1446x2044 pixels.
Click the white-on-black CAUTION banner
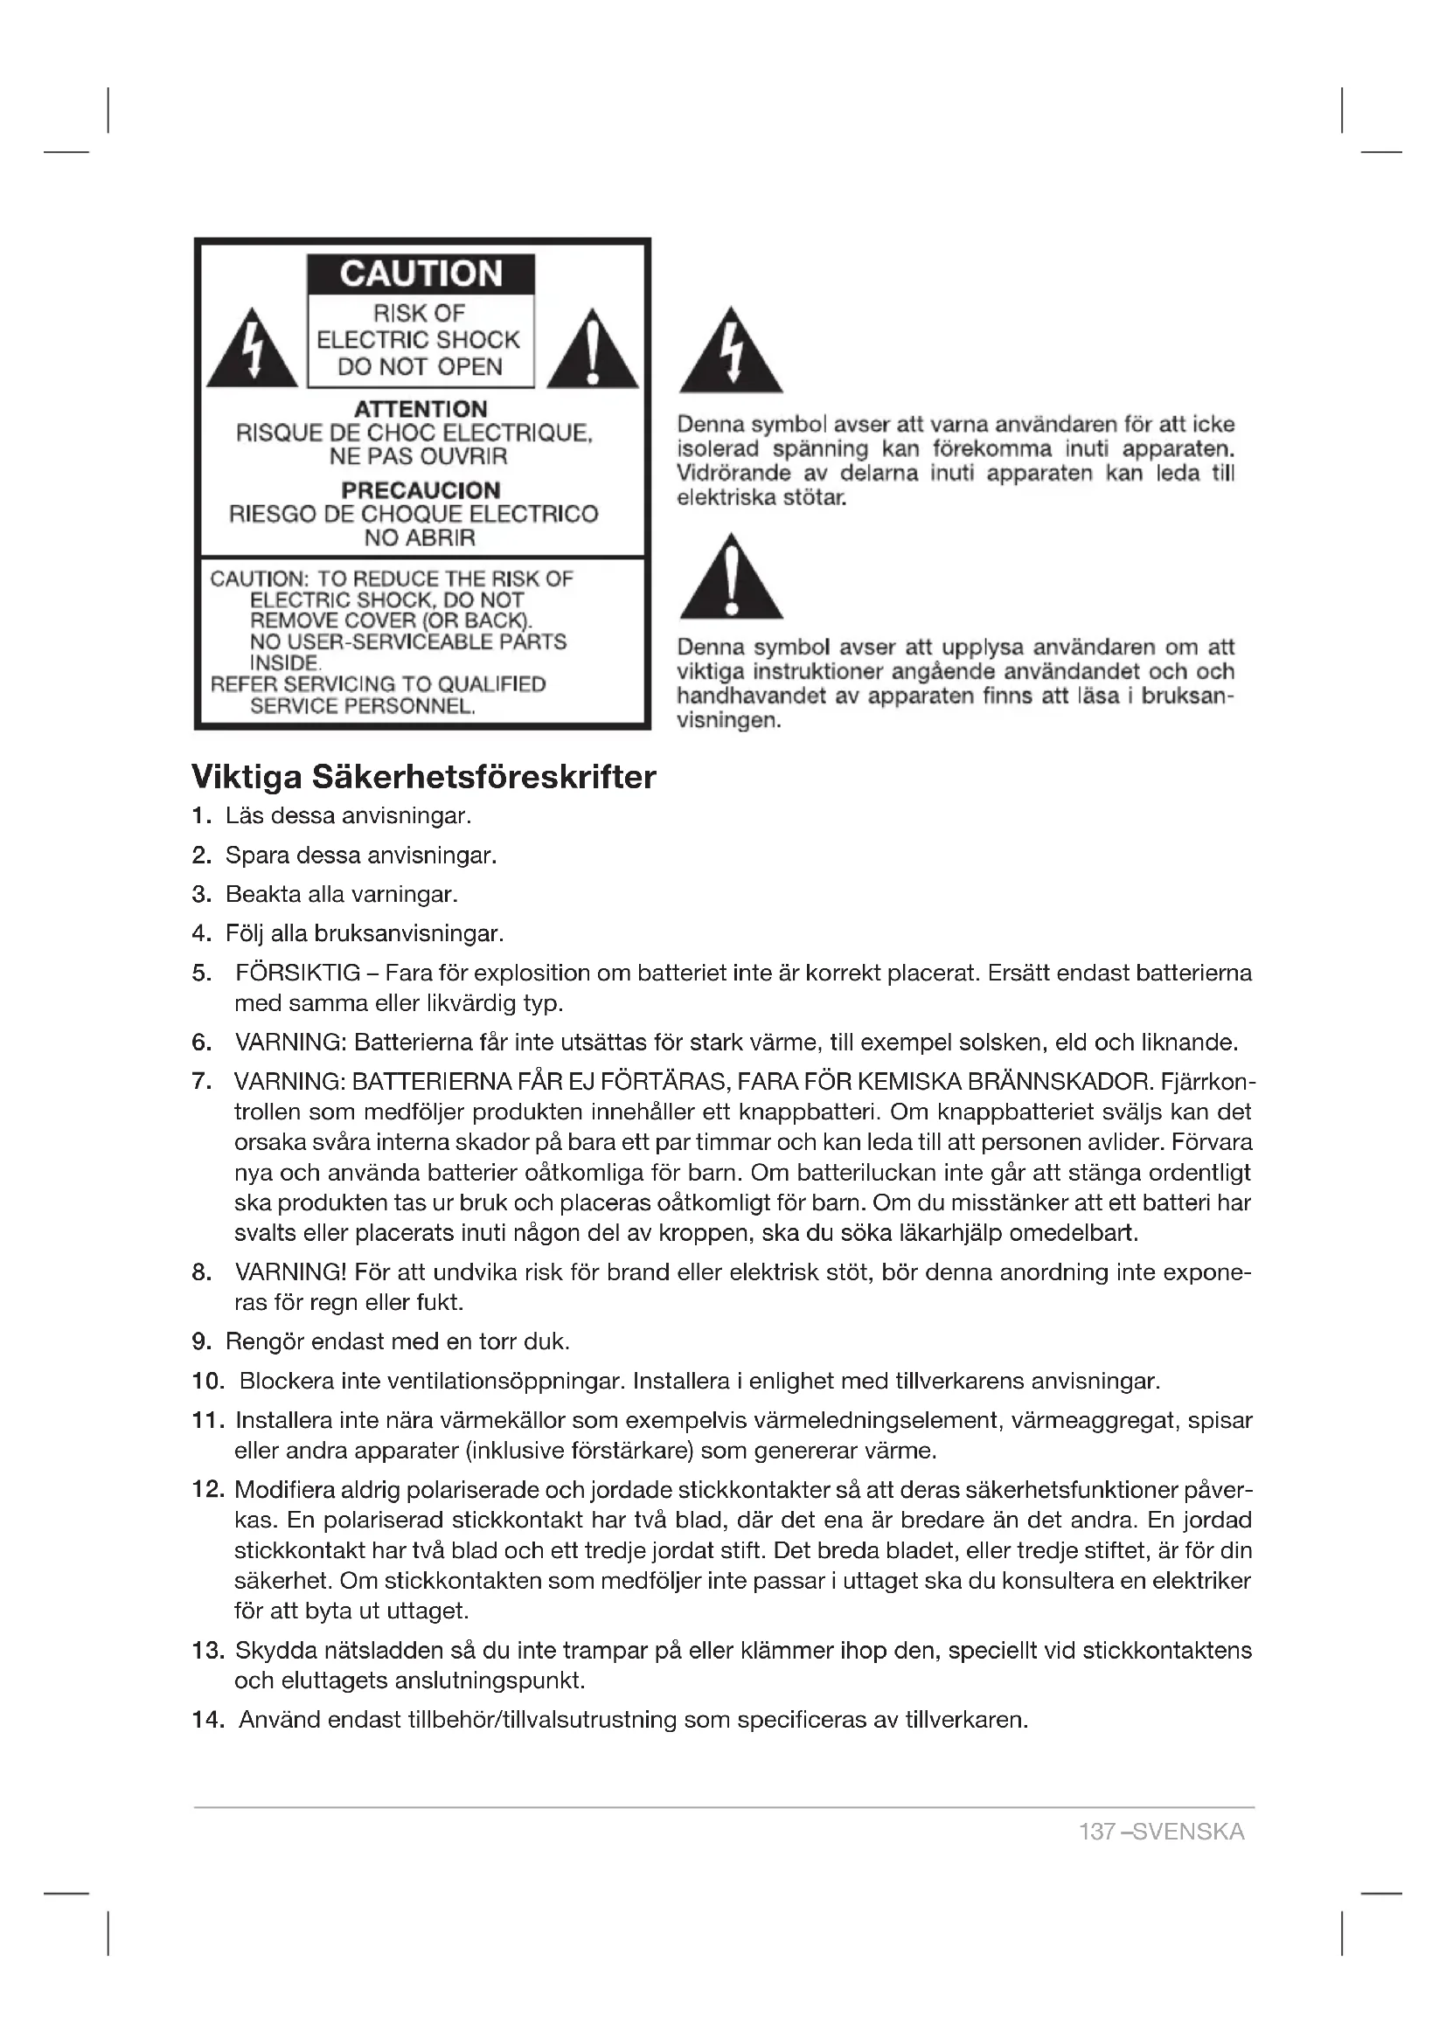tap(421, 274)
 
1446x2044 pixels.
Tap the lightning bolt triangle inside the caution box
tap(252, 352)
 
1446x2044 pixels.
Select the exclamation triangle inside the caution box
tap(593, 352)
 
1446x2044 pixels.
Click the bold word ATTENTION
tap(421, 410)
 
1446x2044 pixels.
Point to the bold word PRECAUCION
tap(421, 490)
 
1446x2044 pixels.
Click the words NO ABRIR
tap(420, 537)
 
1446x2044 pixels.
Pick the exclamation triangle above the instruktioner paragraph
tap(731, 579)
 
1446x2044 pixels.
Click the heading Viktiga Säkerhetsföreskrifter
tap(424, 777)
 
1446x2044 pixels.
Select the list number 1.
tap(201, 815)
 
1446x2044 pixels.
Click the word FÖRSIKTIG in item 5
tap(298, 973)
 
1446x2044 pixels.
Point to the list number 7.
tap(201, 1082)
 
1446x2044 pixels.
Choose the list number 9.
tap(201, 1341)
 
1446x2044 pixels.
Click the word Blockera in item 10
tap(286, 1382)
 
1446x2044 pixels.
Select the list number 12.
tap(207, 1489)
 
